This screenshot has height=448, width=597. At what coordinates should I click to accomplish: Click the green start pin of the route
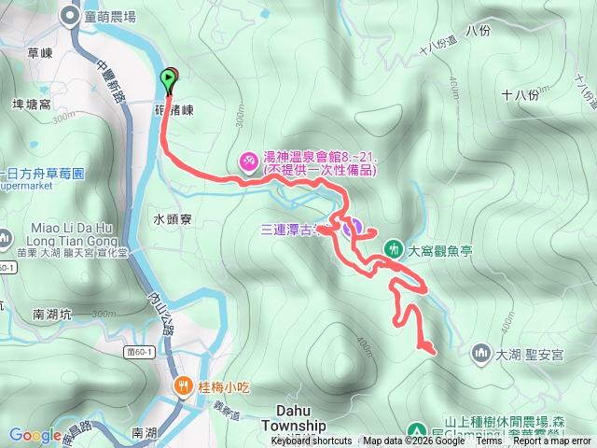[x=169, y=80]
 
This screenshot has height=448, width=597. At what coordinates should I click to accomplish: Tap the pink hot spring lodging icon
[x=249, y=162]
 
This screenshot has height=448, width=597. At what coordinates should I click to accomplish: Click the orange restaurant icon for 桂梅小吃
[x=183, y=385]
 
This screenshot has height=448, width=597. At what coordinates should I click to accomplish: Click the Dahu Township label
[x=300, y=416]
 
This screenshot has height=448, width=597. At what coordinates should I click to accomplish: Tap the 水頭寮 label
[x=173, y=219]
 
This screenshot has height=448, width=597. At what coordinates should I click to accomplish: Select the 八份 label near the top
[x=476, y=30]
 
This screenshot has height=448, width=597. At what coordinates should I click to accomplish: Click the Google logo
[x=35, y=434]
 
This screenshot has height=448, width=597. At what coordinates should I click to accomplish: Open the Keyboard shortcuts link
[x=312, y=441]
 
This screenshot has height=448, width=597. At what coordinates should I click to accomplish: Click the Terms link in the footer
[x=489, y=441]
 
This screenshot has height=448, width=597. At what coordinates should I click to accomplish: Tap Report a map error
[x=551, y=441]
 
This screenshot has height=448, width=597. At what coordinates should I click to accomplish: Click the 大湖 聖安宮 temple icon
[x=480, y=353]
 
